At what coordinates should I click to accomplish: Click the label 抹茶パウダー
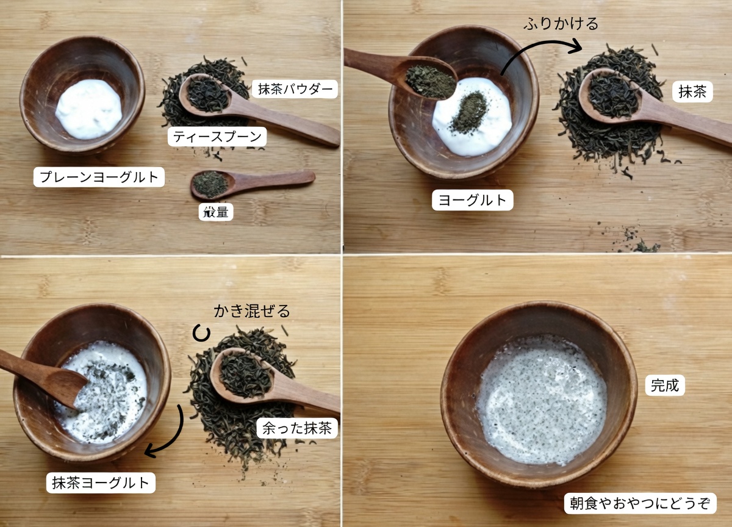pos(294,89)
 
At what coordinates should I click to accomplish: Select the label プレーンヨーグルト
pos(99,177)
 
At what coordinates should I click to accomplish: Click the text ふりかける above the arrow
pos(561,24)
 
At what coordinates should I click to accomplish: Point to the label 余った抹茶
pos(296,428)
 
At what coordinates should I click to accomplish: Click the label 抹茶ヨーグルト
pos(101,483)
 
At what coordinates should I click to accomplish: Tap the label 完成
pos(664,385)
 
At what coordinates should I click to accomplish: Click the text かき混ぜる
pos(251,311)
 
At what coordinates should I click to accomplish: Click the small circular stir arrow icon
pos(201,334)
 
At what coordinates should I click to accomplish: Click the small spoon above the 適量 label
pos(250,182)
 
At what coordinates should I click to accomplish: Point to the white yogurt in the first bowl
pos(89,108)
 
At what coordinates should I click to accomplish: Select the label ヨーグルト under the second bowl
pos(472,200)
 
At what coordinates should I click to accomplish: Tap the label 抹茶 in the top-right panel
pos(692,91)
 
